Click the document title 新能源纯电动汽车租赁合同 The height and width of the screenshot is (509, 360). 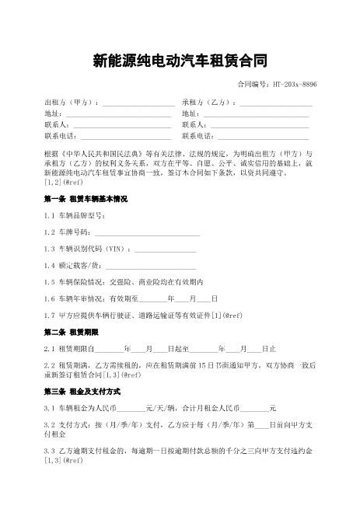(180, 60)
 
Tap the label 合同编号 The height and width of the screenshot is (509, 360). (250, 84)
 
